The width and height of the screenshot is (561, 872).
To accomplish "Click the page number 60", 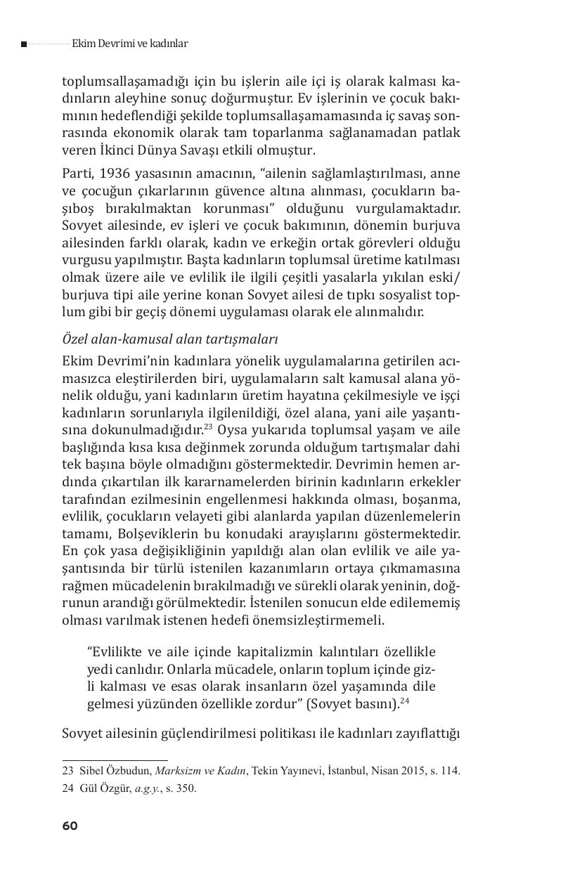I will (70, 826).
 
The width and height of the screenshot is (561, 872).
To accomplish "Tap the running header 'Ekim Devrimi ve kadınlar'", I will (129, 44).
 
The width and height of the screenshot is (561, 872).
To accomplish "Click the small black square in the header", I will (24, 44).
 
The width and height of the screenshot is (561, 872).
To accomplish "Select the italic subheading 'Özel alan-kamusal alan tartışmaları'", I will (170, 339).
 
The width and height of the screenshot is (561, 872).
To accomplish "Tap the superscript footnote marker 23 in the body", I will (208, 426).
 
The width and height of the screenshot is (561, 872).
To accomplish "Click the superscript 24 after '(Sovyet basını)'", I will (405, 699).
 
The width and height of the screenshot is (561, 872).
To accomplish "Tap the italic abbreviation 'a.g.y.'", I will (149, 788).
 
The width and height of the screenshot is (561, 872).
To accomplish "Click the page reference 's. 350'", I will (182, 788).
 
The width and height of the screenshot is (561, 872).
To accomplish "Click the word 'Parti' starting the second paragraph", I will (77, 174).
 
